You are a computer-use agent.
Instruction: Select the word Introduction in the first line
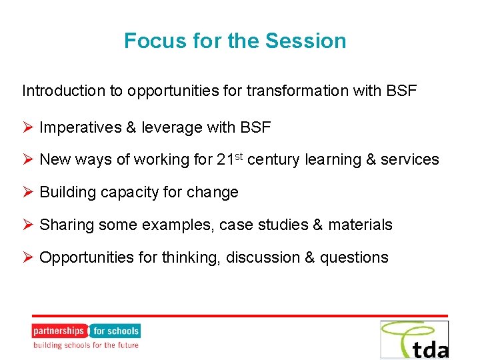62,91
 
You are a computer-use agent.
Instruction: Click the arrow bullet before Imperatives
28,127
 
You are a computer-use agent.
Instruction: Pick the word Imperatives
80,127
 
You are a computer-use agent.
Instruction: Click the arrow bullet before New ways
28,159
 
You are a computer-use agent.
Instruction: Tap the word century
274,160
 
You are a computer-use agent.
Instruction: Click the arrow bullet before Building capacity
28,192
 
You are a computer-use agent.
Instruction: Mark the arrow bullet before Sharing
28,225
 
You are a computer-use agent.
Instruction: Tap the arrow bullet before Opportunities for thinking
28,257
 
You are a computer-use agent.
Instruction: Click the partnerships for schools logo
86,336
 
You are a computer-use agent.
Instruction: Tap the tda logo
414,339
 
